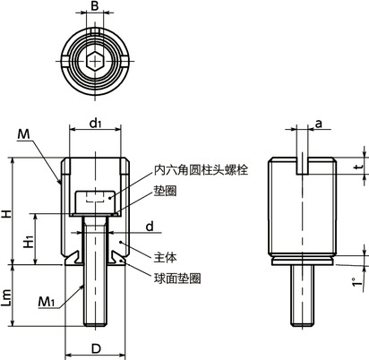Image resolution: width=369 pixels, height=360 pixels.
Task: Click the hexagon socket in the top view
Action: (x=95, y=60)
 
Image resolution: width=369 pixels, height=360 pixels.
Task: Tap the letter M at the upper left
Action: (x=23, y=133)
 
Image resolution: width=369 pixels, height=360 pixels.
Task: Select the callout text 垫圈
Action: (x=165, y=190)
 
